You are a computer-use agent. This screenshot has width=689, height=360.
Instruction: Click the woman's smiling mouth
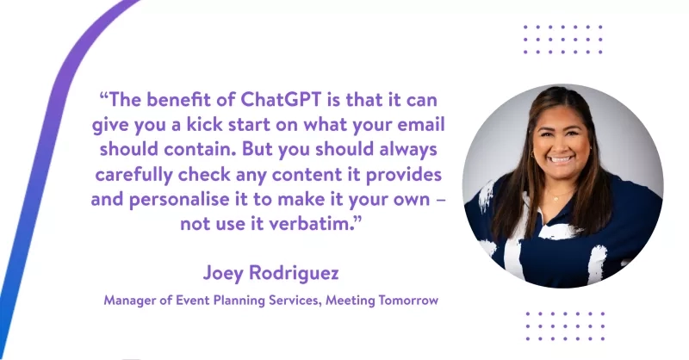[561, 159]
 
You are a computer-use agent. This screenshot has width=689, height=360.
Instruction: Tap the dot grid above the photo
[564, 40]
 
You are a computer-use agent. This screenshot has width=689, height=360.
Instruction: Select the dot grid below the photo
[565, 326]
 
